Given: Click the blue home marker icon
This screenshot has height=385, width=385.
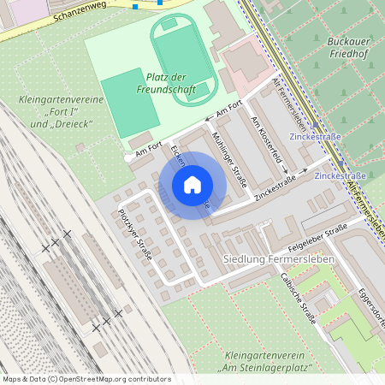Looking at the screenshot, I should [x=192, y=185].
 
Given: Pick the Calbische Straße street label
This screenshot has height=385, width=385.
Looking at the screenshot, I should [x=299, y=299].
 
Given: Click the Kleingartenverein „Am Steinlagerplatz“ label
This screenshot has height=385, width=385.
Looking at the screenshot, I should [x=264, y=362].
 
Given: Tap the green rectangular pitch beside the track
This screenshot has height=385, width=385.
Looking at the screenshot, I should [x=128, y=103].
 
